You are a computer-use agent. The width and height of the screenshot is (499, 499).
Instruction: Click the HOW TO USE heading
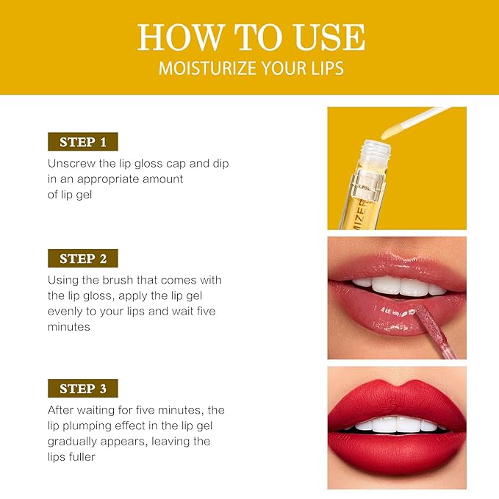coord(251,37)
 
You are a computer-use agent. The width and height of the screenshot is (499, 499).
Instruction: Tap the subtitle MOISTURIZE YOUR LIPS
coord(250,69)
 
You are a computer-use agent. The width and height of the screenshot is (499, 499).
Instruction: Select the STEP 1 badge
coord(83,142)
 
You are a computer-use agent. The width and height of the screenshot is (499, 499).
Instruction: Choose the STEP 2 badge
coord(83,259)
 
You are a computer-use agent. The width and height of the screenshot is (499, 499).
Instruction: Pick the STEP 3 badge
coord(83,389)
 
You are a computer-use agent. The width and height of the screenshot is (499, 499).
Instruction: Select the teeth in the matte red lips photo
coord(397,424)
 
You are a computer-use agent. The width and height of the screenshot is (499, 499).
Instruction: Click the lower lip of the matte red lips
coord(397,449)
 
